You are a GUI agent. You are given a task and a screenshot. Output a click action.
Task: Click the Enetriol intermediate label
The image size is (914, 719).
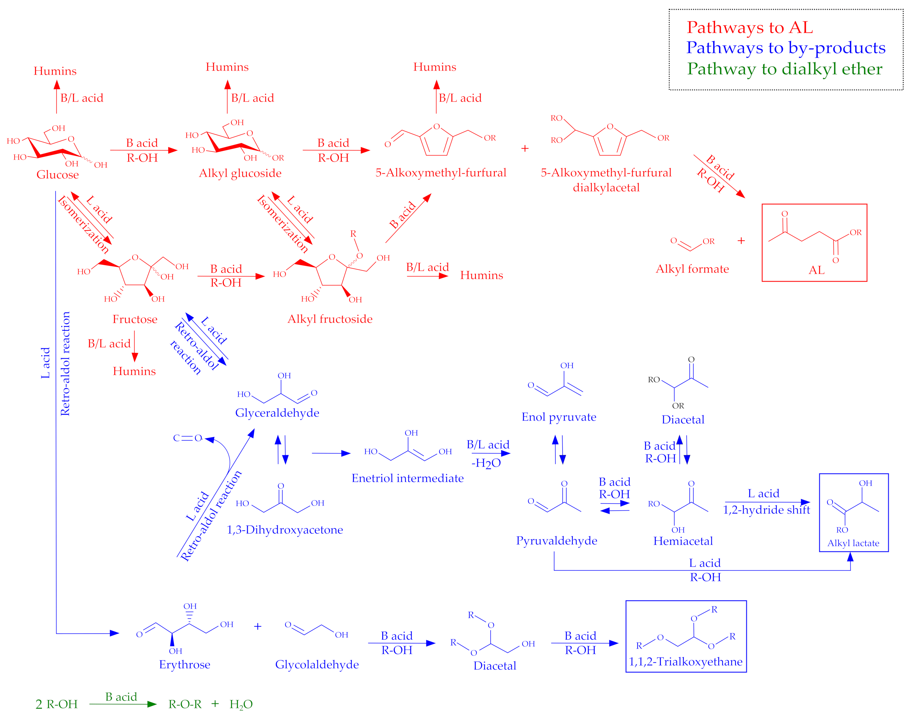(407, 478)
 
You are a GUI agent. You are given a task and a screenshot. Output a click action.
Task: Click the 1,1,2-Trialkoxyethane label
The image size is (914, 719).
(685, 662)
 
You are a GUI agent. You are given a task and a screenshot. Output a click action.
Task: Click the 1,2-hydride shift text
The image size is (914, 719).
(766, 510)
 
